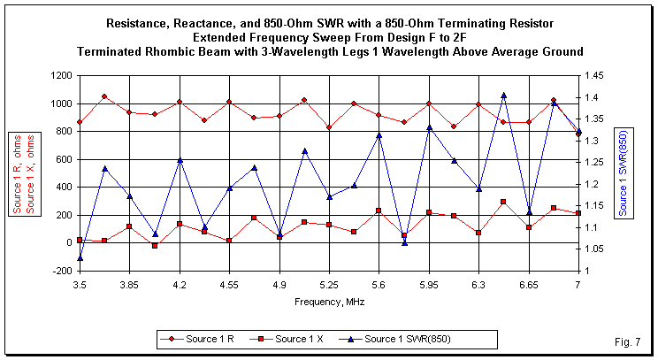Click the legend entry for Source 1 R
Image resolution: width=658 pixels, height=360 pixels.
[199, 338]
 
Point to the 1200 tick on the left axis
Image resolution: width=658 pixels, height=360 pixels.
[61, 76]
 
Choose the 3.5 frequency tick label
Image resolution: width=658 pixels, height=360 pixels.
[80, 286]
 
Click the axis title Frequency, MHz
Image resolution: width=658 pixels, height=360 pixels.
[329, 302]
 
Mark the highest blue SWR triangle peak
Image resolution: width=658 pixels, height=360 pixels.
[503, 95]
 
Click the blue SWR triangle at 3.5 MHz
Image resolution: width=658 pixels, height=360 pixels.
[80, 258]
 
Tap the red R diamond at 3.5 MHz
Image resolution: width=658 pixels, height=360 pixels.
[80, 122]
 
